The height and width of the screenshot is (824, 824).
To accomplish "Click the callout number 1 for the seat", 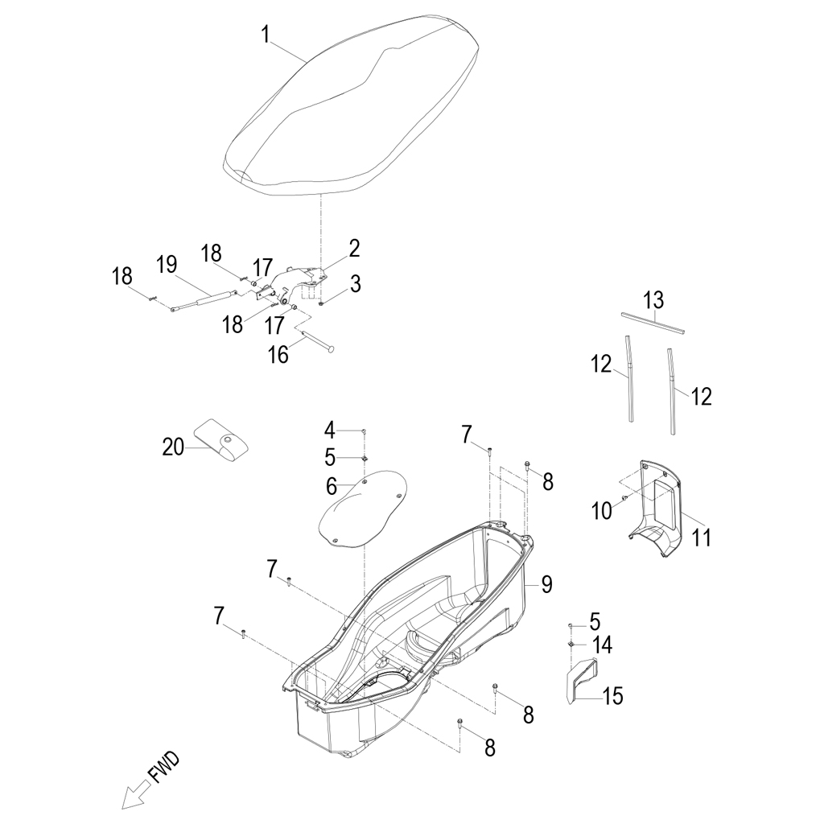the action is pos(266,35).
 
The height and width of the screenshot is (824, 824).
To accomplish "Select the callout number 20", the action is pos(173,447).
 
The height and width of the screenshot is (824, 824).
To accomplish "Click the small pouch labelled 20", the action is pos(221,440).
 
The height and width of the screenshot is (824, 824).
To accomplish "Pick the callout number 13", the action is pos(654,300).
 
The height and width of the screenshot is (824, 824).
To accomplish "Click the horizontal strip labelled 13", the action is pos(653,323).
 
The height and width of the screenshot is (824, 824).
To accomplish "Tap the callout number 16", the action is pos(278,355).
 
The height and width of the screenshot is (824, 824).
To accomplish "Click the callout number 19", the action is pos(167,265).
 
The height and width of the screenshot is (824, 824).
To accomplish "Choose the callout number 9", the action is pos(546,584).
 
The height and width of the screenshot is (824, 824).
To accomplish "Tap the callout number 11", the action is pos(701,538).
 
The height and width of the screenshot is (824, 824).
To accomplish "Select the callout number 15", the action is pos(612,696).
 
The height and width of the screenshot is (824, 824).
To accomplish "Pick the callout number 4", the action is pos(329,431).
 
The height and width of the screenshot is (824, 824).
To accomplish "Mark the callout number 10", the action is pos(602,510).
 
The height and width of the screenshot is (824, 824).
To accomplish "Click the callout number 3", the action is pos(356,284).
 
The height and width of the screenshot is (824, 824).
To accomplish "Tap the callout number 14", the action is pos(602,645).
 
